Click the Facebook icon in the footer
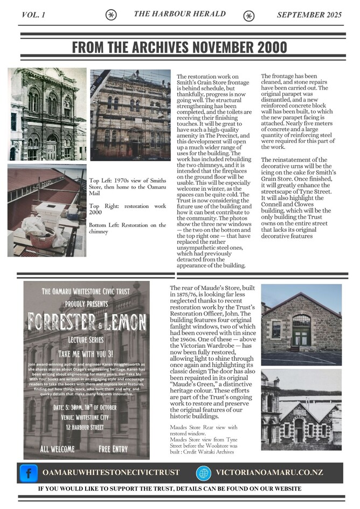coord(28,473)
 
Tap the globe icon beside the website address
coord(203,473)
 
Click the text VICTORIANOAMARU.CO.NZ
coord(269,473)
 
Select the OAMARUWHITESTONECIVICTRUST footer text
coord(110,473)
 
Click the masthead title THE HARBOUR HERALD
coord(179,14)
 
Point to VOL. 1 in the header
coord(34,15)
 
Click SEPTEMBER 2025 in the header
coord(309,15)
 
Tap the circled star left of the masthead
coord(111,15)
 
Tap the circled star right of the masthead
coord(248,16)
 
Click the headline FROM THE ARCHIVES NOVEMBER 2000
coord(179,47)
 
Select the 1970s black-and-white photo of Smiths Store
coord(47,114)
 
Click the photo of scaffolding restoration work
coord(130,115)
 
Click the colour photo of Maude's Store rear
coord(301,325)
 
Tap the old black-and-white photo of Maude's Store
coord(301,411)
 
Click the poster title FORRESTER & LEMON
coord(86,321)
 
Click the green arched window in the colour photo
coord(301,329)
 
